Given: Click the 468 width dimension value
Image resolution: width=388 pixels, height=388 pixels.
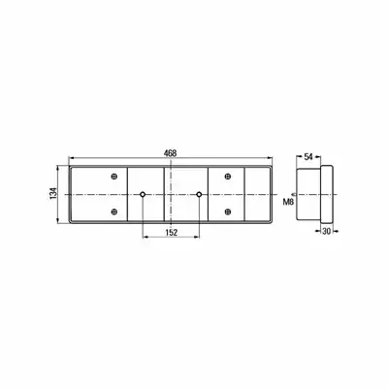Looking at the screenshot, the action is pos(170,153).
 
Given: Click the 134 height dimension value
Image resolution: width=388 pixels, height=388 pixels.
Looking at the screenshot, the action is pos(53,193).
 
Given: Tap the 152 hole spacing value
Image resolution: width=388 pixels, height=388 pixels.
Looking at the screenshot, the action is pos(172,233).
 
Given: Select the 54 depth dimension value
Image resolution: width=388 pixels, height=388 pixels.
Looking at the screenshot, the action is pos(308,157).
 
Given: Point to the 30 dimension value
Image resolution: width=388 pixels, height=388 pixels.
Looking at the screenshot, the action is pos(327,231).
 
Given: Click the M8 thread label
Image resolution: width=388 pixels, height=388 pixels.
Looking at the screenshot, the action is pos(288,203).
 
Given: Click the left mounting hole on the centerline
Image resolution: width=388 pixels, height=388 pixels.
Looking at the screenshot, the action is pos(143,194).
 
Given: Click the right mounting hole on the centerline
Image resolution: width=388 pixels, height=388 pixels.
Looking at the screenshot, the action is pos(199,194).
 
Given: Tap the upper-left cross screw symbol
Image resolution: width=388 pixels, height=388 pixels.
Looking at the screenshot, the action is pos(113,177).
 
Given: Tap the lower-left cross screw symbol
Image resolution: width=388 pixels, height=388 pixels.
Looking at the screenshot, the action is pos(113,211).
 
